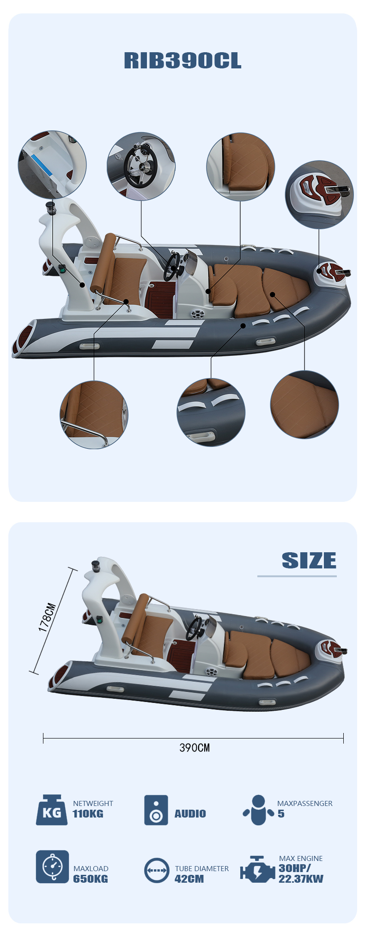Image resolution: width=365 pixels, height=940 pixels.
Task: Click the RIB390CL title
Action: (x=182, y=61)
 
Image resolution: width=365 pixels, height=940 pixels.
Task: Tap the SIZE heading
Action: (x=309, y=561)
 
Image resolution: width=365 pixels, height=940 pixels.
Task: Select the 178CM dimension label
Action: (x=47, y=617)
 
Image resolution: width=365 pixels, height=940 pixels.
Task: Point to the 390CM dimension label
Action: (x=195, y=748)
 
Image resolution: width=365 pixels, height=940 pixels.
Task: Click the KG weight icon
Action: (x=51, y=810)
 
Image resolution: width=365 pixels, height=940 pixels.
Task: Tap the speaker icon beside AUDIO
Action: (x=156, y=810)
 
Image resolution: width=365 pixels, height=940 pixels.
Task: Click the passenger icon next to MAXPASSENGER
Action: (x=259, y=810)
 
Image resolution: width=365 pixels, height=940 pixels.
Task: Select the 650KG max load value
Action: (x=91, y=879)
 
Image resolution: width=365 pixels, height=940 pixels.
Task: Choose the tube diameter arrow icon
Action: (x=157, y=870)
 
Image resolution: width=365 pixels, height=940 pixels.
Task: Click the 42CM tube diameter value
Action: (x=189, y=879)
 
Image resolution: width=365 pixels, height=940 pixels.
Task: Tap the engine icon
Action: (x=257, y=869)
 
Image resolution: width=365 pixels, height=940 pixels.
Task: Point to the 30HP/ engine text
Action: (x=295, y=868)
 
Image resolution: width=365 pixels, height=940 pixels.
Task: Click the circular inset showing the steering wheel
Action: (x=141, y=166)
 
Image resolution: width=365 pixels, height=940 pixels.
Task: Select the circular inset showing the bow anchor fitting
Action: (x=319, y=195)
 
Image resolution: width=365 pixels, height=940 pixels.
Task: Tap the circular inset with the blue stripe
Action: (x=52, y=165)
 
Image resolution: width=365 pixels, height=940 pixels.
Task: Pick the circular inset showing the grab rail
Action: (x=94, y=415)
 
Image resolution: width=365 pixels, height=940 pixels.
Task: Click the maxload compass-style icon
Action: (x=52, y=867)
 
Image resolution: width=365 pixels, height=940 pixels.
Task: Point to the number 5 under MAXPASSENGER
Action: (x=281, y=814)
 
